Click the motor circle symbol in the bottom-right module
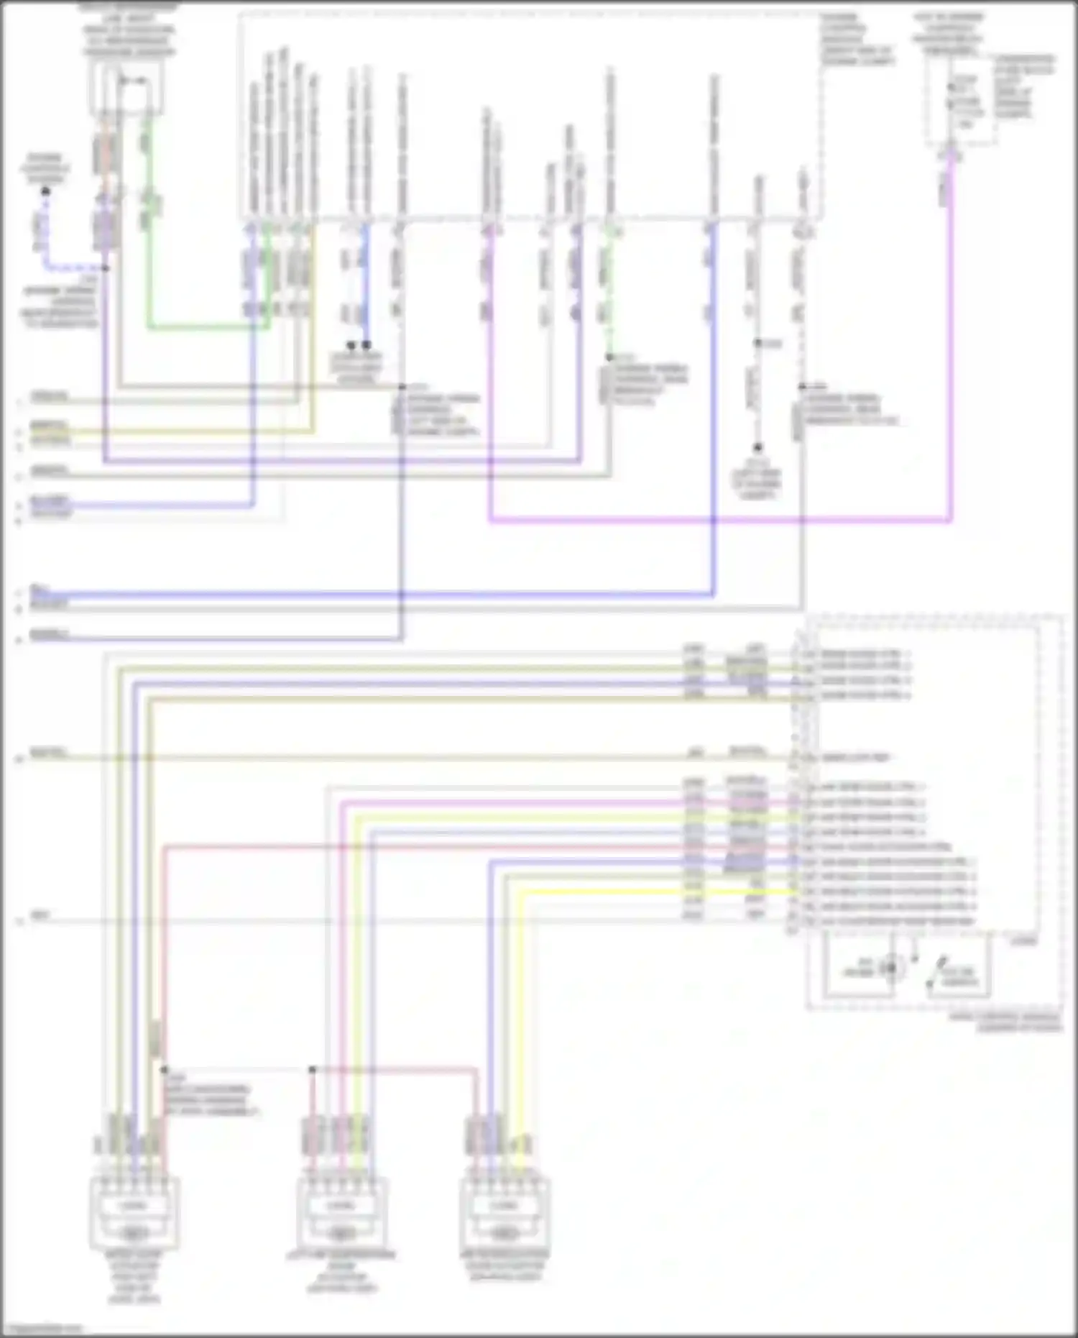pos(891,968)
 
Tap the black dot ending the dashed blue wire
pos(45,191)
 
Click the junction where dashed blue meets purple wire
pos(106,268)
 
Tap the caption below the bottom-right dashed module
pos(1005,1022)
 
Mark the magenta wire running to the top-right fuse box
pos(719,519)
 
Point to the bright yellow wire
pos(647,892)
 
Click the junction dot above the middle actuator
pos(313,1070)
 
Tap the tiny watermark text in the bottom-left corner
pos(42,1329)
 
